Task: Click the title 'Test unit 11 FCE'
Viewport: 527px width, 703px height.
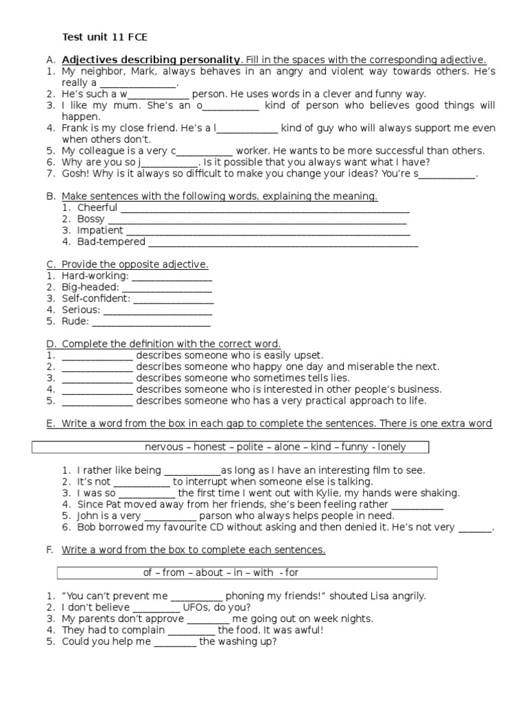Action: click(104, 37)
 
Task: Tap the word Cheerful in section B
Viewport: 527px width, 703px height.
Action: click(97, 207)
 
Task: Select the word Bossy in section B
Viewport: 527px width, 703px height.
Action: click(91, 219)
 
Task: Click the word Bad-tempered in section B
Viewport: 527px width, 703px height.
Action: click(111, 242)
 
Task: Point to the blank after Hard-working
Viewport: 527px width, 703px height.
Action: click(172, 276)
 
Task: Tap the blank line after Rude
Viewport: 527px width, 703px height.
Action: click(151, 321)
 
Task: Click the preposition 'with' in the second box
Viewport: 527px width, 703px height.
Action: click(263, 573)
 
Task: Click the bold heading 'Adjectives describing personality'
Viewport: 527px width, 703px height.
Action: click(152, 60)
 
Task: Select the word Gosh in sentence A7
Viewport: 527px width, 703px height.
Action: click(75, 174)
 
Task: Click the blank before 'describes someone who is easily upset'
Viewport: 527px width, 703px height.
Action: click(97, 356)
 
